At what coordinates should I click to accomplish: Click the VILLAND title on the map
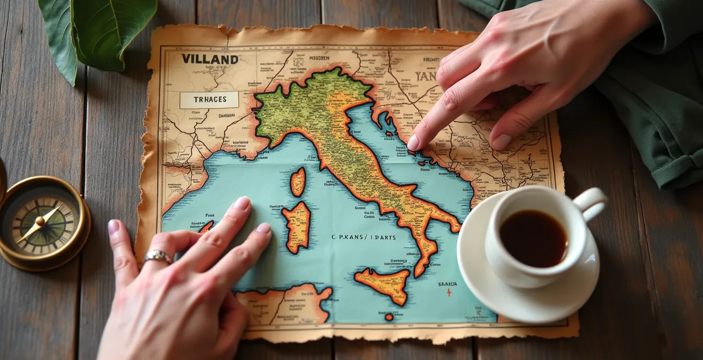click(x=210, y=59)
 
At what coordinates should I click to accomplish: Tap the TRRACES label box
click(x=209, y=100)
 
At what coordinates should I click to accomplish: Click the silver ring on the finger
click(x=158, y=257)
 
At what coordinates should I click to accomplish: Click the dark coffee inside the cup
click(x=533, y=237)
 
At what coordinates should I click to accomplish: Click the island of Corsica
click(x=298, y=181)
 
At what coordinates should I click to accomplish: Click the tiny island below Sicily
click(x=388, y=317)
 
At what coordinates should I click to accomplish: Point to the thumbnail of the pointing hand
click(x=501, y=141)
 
